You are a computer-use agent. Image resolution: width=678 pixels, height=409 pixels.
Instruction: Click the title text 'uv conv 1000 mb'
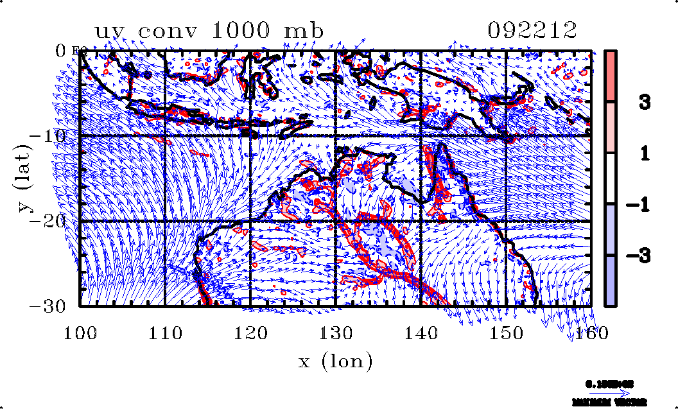pos(206,30)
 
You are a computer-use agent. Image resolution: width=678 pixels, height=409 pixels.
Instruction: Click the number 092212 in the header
pos(532,30)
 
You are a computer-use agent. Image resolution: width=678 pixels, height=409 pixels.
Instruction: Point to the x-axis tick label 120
pos(250,333)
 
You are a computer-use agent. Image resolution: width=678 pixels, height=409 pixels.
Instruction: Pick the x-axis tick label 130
pos(335,333)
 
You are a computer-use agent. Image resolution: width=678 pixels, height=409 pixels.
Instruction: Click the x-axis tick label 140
pos(421,333)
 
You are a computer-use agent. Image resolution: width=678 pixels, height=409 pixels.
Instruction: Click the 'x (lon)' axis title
pos(335,362)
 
